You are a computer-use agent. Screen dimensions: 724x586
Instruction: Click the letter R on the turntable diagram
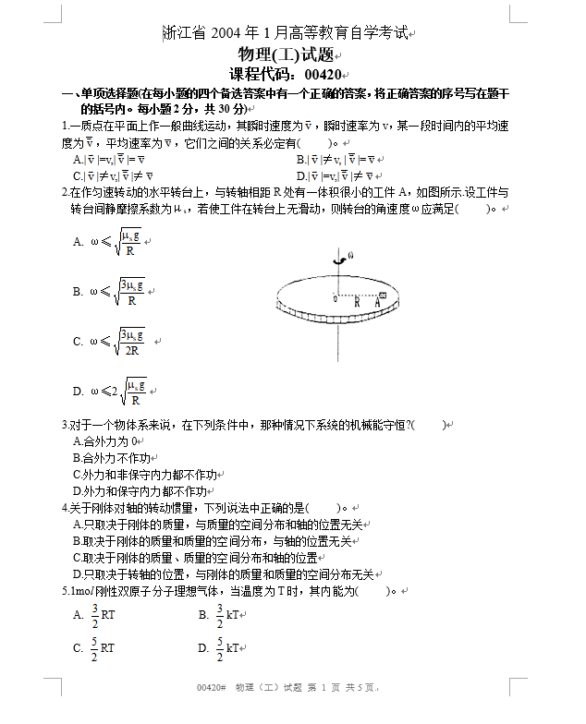(x=357, y=302)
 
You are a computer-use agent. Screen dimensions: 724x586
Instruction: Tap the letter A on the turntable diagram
(x=377, y=302)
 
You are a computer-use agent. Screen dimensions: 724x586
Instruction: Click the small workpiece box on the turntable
(x=383, y=295)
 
